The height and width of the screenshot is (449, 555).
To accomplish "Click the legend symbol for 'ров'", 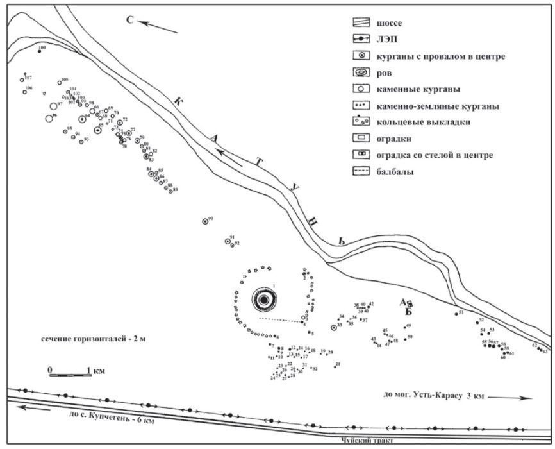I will (x=362, y=72).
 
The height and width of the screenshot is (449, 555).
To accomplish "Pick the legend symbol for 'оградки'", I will (x=362, y=138).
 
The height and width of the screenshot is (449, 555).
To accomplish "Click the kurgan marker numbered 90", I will (x=205, y=221).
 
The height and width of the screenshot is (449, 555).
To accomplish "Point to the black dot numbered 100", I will (x=40, y=51).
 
